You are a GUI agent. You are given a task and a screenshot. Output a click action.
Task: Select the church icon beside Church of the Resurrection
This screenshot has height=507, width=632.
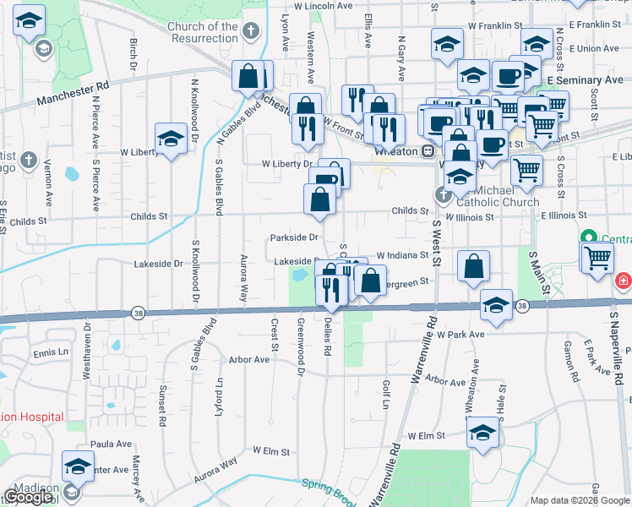point(249,32)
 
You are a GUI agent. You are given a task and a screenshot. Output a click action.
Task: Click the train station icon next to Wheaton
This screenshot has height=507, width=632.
point(428,151)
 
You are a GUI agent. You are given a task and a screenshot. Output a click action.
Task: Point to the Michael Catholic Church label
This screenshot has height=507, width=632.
point(497,197)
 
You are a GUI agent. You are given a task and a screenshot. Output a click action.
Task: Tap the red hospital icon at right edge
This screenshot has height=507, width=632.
point(624,279)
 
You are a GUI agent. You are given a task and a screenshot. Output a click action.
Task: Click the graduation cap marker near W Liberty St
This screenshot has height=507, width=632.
point(171,139)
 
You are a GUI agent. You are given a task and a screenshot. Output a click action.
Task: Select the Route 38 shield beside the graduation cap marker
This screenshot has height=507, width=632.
point(523,305)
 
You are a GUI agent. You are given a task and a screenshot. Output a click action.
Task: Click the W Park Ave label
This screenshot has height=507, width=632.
point(460,335)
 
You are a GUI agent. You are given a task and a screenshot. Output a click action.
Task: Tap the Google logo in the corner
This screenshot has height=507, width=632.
point(29,496)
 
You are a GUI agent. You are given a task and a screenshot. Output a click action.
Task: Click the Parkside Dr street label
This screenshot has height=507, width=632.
point(294,237)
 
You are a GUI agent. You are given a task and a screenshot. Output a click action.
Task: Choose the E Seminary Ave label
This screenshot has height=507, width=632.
point(585,79)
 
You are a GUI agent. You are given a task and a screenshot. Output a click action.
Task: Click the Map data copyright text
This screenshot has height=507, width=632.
point(580,500)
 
